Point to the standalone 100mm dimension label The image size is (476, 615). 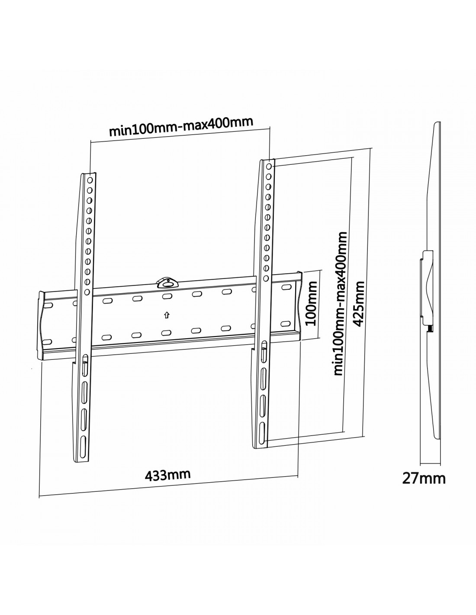tap(312, 304)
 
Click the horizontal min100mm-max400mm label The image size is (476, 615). tap(181, 126)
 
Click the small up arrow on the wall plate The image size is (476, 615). tap(167, 314)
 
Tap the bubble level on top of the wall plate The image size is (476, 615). tap(167, 283)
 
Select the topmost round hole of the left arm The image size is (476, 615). tap(90, 180)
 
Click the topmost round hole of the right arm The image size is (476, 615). tap(269, 166)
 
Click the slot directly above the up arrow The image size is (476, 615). tap(167, 296)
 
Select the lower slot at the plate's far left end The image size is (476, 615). tap(48, 341)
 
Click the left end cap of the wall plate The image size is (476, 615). tap(41, 326)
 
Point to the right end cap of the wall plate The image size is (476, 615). tap(299, 307)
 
